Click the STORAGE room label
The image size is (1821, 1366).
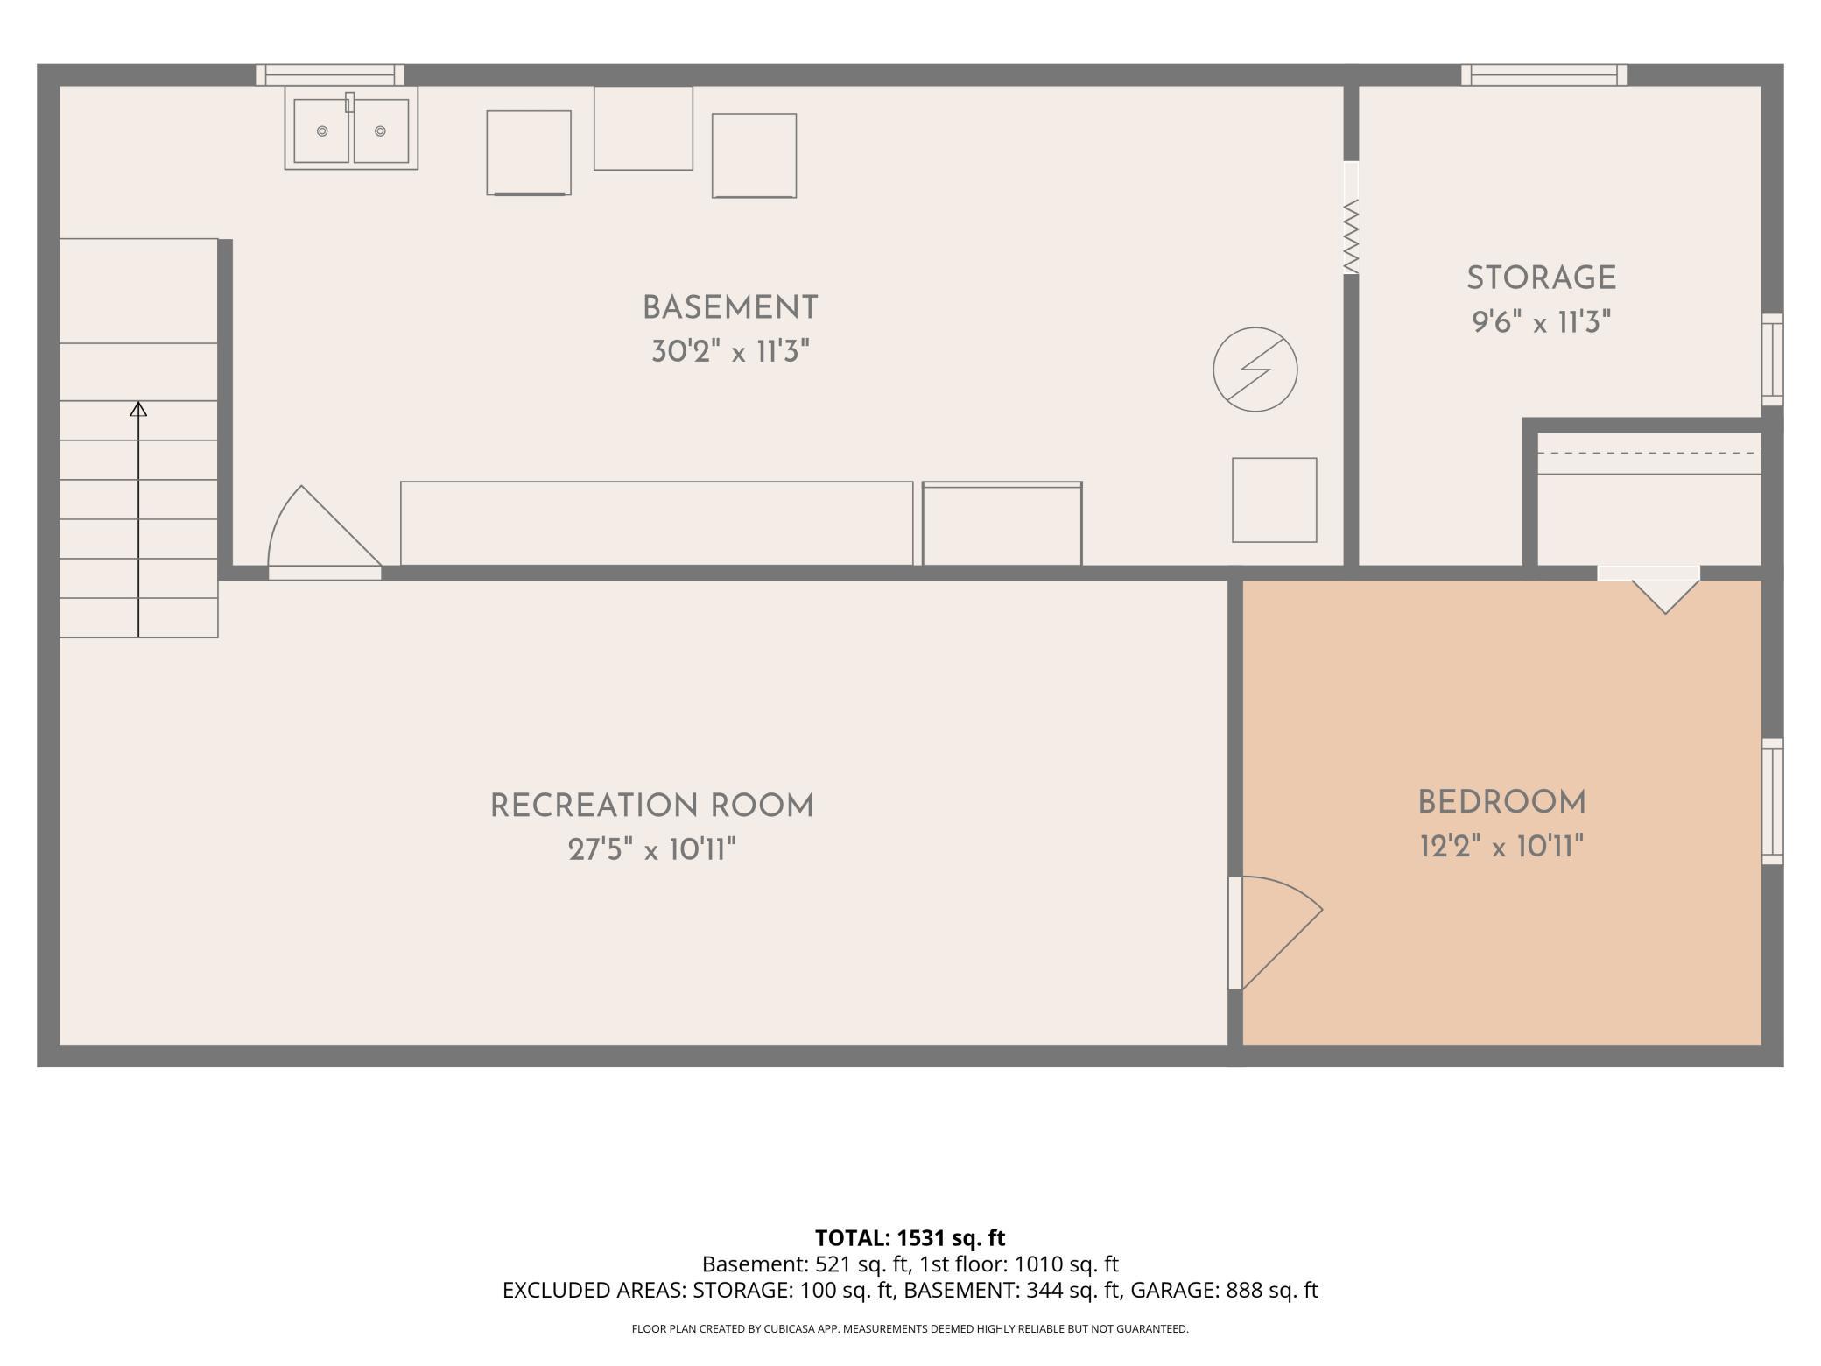[x=1541, y=278]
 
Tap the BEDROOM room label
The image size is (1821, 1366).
[x=1501, y=802]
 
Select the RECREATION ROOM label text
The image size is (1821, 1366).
[x=651, y=806]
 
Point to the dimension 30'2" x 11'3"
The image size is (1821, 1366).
[x=730, y=352]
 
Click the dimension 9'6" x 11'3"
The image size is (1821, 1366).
[x=1541, y=322]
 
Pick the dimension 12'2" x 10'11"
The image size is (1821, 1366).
[x=1501, y=847]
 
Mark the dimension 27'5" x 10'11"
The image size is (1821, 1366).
[x=651, y=849]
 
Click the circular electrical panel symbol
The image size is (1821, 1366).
[x=1255, y=369]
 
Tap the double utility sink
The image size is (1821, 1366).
[x=351, y=128]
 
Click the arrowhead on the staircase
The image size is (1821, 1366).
[x=138, y=409]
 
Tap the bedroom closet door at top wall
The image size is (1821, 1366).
[x=1649, y=588]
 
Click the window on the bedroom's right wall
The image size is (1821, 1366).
[x=1772, y=801]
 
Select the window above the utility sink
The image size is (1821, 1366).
[x=330, y=74]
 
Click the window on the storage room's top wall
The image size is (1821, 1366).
[x=1543, y=74]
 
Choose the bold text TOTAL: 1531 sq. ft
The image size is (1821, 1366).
[x=910, y=1238]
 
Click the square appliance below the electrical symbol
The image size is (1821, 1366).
[x=1274, y=500]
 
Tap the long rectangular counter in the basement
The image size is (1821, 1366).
[x=657, y=524]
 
